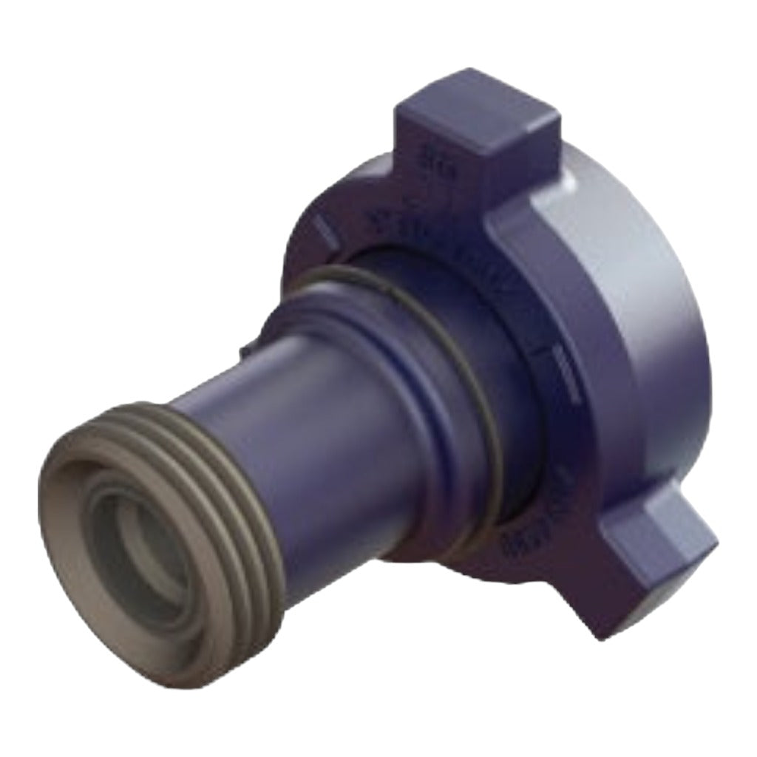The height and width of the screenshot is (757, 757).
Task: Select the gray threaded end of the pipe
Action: coord(222,473)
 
